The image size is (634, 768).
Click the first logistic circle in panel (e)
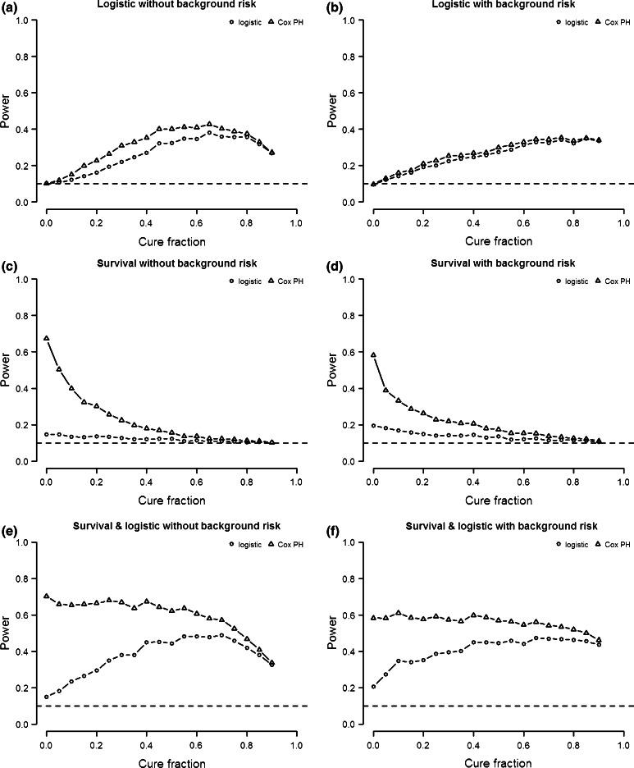47,697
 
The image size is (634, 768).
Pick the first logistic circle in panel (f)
374,687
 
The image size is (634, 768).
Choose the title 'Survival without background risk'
171,263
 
